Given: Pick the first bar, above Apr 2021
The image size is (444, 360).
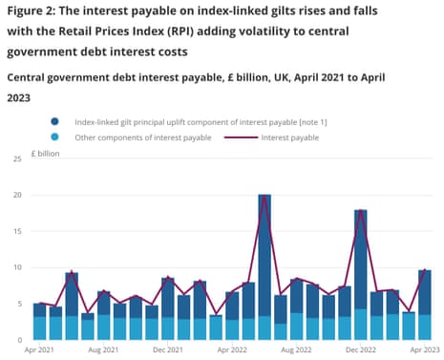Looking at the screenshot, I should tap(40, 322).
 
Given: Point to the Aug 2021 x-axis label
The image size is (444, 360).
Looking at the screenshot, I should tap(104, 350).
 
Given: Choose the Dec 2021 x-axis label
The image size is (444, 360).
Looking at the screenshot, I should tap(168, 350).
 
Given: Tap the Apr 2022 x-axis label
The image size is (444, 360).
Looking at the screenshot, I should tap(232, 350).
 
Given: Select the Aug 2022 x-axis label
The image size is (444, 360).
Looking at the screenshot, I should tap(296, 350).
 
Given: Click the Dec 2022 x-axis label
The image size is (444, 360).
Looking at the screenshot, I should tap(360, 350).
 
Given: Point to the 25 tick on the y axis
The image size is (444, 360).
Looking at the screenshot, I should tap(15, 159).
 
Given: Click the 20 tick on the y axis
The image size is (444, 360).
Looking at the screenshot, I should tap(15, 195).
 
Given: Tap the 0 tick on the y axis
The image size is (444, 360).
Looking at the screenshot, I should tap(18, 340).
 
